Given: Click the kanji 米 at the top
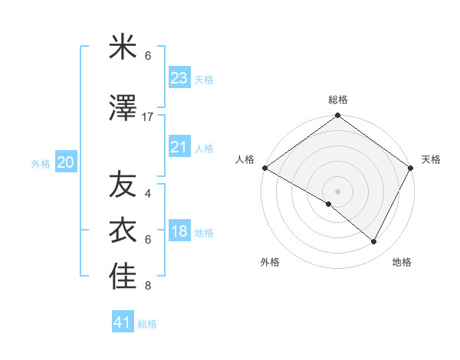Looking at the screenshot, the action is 123,48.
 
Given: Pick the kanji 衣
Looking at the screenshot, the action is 123,230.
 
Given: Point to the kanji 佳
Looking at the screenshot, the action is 123,277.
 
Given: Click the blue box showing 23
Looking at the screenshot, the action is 179,78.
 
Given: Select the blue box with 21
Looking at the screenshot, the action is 179,147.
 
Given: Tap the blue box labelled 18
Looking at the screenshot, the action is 179,232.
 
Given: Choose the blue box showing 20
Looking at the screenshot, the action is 66,162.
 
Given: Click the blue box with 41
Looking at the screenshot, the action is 123,322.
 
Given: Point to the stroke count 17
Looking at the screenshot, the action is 148,116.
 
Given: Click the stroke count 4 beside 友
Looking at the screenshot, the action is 148,193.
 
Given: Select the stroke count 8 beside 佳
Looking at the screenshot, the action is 148,286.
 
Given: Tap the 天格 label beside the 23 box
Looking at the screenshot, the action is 204,80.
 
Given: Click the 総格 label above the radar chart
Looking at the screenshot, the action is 338,100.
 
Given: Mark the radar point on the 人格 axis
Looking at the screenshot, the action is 264,168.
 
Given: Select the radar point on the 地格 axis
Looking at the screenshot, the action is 374,242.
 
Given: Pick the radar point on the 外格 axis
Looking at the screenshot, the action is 329,205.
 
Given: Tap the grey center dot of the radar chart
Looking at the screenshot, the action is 338,191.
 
